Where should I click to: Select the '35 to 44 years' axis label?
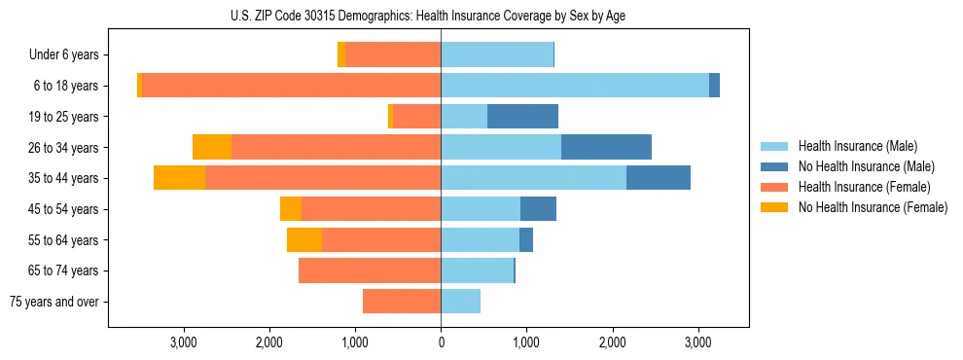63,178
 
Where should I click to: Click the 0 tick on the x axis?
441,342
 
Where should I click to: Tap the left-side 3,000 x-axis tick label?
184,342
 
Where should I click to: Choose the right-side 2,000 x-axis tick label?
612,342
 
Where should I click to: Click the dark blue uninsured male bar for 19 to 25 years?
522,117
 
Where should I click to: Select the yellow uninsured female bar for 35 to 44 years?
179,178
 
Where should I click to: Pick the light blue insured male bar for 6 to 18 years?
574,86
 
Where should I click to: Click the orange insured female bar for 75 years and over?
402,302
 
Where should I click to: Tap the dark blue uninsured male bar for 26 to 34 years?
606,147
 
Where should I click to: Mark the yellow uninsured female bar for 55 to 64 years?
304,239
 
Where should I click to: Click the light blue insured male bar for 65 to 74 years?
477,270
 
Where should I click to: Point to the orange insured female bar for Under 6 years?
393,55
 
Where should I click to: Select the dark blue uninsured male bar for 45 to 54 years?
538,209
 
